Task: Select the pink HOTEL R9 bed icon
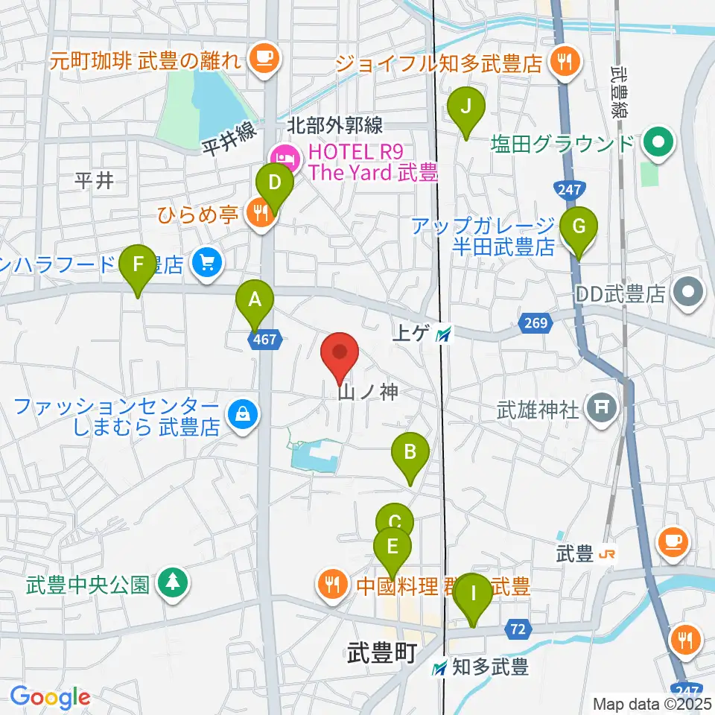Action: pyautogui.click(x=286, y=157)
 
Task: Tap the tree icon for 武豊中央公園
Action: pyautogui.click(x=172, y=582)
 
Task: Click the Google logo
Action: pyautogui.click(x=51, y=697)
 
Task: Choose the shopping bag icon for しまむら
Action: pyautogui.click(x=241, y=413)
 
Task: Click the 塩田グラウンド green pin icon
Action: pyautogui.click(x=658, y=142)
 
